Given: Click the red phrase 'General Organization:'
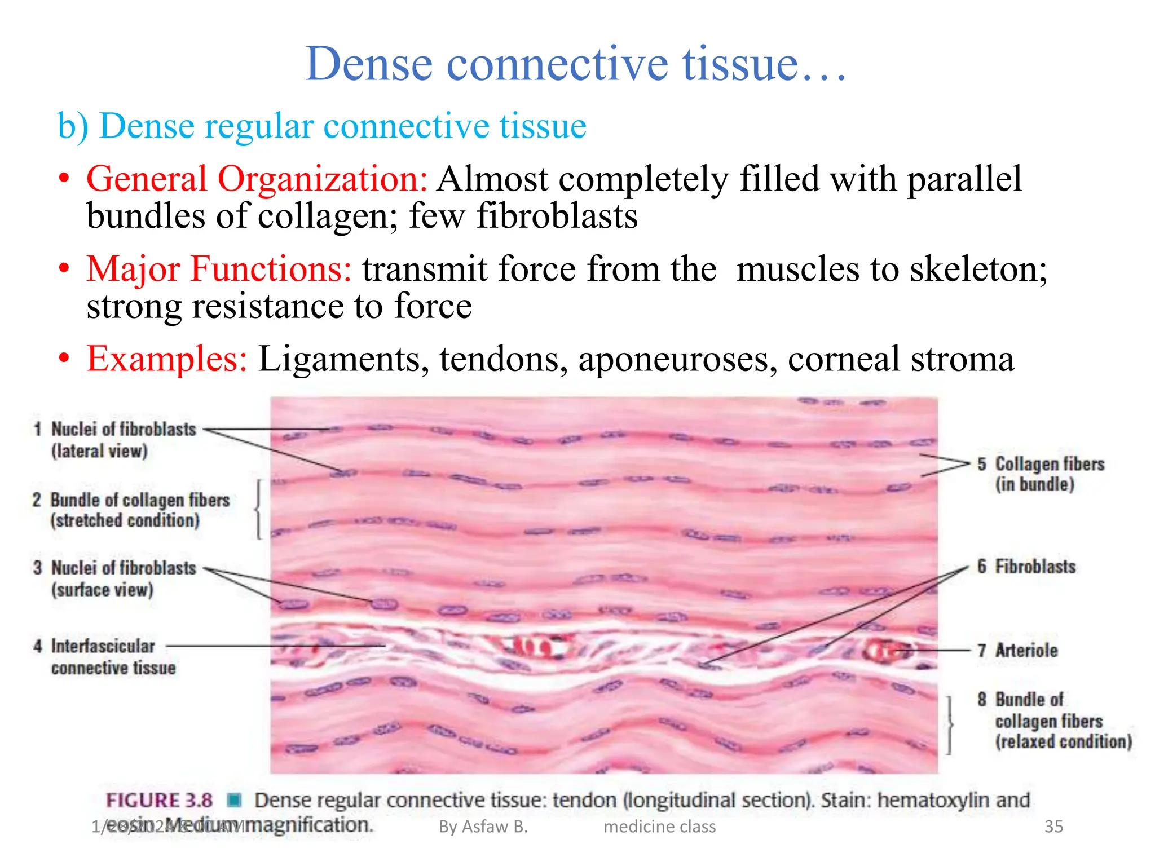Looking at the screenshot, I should click(257, 179).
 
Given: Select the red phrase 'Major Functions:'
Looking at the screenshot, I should click(219, 269).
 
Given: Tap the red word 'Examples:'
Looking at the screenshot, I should click(167, 359).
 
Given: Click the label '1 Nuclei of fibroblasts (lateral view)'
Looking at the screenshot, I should click(116, 440).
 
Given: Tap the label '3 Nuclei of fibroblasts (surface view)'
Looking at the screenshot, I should click(116, 578).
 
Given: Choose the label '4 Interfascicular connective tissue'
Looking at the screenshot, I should click(107, 657).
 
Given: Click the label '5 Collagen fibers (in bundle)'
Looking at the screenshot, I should click(1041, 474).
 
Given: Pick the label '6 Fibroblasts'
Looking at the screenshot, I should click(1026, 567).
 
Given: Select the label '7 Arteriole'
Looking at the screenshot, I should click(1018, 650).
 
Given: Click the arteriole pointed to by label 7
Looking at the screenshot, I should click(885, 651).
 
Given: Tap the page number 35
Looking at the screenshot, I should click(1053, 827).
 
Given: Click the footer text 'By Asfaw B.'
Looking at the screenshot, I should click(483, 827).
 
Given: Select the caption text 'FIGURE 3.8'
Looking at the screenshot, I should click(160, 800).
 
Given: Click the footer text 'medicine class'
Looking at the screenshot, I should click(659, 827).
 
